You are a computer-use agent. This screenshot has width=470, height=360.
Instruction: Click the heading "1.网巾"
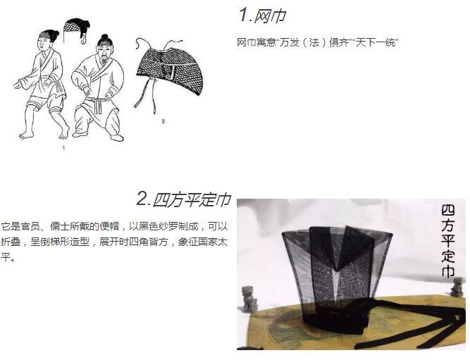point(263,15)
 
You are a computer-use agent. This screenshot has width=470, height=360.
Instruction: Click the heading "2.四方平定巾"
point(184,199)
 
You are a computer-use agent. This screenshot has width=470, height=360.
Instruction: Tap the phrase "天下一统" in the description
point(376,42)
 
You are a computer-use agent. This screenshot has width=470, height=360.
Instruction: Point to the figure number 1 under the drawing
point(63,147)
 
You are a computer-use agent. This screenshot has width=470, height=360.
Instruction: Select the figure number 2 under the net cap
point(163,121)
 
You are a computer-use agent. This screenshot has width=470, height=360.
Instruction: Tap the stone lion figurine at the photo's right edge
point(459,287)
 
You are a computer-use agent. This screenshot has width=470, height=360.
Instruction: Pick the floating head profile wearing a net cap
point(77,30)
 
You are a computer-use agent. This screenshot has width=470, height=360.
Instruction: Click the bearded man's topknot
point(104,39)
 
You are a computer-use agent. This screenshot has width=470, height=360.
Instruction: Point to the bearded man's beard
point(104,61)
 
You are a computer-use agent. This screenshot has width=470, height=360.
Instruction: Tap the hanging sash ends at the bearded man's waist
point(97,106)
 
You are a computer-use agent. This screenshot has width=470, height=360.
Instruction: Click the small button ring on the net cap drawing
point(170,76)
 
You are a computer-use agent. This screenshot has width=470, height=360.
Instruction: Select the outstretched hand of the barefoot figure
point(19,83)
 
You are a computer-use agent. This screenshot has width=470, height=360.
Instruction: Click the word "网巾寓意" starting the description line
point(256,42)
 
